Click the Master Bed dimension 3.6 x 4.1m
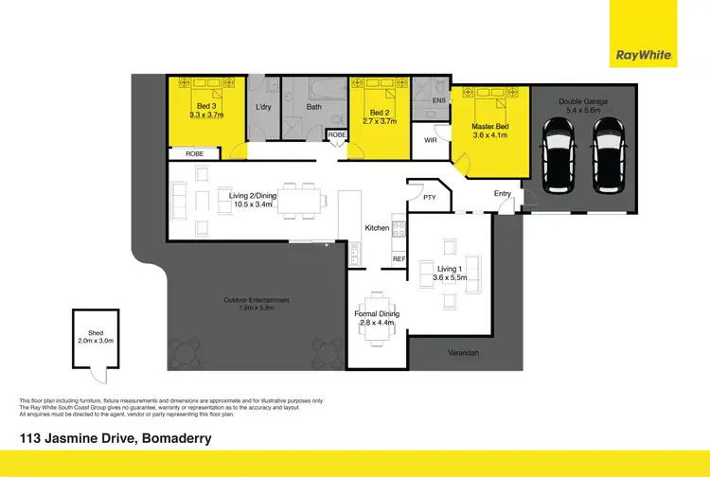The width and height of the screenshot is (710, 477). [489, 134]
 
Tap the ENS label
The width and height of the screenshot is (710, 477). [438, 99]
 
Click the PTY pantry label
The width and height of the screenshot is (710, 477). [429, 198]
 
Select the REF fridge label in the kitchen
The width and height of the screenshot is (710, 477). [399, 258]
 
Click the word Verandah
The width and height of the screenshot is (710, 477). [463, 353]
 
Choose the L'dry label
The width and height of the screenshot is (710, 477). [263, 106]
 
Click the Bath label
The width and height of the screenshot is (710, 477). [313, 107]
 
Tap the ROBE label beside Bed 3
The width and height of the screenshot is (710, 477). [194, 152]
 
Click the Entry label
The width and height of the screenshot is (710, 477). [502, 193]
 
